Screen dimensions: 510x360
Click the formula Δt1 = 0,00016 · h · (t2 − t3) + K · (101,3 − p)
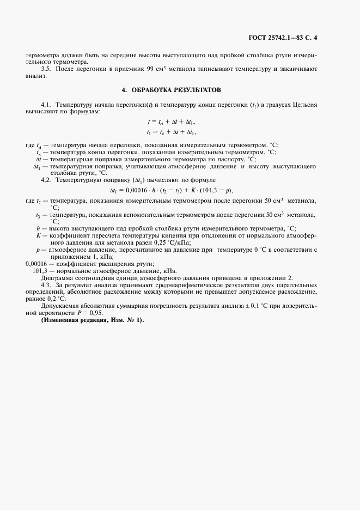coord(174,190)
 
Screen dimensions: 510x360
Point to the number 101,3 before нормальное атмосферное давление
coord(41,271)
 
